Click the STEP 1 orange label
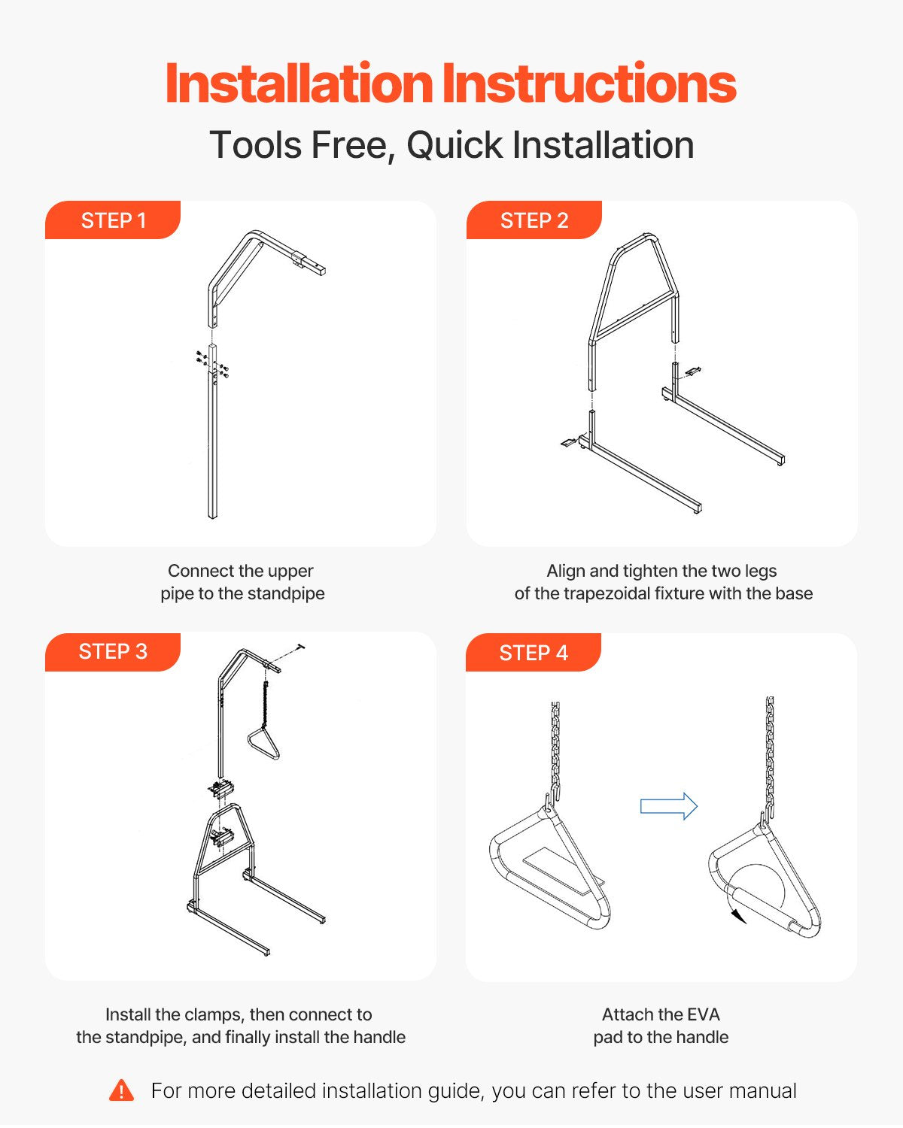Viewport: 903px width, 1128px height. click(x=113, y=220)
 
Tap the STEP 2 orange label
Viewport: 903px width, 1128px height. click(x=534, y=220)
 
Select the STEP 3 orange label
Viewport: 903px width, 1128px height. click(x=113, y=651)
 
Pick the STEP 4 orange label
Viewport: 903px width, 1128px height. click(x=533, y=653)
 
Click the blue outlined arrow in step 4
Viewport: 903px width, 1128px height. click(x=668, y=805)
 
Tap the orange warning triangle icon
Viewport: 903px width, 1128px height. click(x=121, y=1091)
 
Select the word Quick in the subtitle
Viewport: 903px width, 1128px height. click(x=455, y=144)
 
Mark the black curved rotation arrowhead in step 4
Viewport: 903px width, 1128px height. click(x=739, y=916)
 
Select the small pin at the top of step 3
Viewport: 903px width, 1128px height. click(x=301, y=648)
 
